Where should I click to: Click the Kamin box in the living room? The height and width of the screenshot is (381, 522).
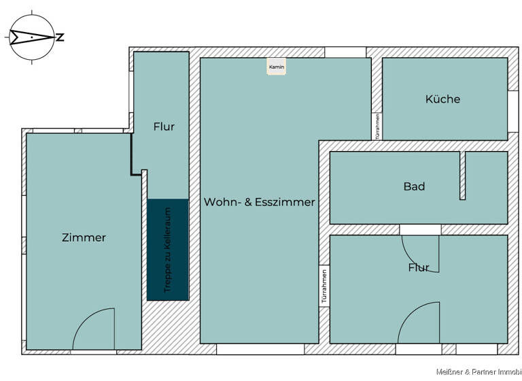click(x=276, y=67)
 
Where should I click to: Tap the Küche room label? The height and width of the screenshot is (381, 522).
click(x=442, y=99)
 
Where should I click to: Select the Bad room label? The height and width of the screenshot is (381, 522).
click(x=414, y=186)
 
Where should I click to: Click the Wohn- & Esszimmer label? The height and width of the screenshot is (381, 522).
click(x=259, y=202)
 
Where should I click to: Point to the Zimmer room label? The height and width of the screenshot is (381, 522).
click(x=84, y=237)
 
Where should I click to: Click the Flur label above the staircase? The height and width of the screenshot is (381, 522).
click(x=164, y=127)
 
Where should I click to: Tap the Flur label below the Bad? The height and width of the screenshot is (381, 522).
click(x=419, y=267)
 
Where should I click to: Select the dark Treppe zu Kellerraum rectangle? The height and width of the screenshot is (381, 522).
click(x=167, y=250)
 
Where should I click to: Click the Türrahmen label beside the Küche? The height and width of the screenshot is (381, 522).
click(x=378, y=127)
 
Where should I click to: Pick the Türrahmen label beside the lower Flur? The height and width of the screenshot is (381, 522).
click(x=325, y=286)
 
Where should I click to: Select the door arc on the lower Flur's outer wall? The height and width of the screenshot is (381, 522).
click(x=418, y=323)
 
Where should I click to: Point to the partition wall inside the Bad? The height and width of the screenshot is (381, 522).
click(x=463, y=176)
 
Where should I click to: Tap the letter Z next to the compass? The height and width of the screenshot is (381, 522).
click(x=60, y=37)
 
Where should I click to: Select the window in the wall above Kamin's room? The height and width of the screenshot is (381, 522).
click(x=345, y=52)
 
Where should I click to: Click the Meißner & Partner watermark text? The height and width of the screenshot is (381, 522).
click(x=478, y=371)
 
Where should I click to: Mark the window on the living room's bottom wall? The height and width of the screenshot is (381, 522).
click(x=260, y=349)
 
